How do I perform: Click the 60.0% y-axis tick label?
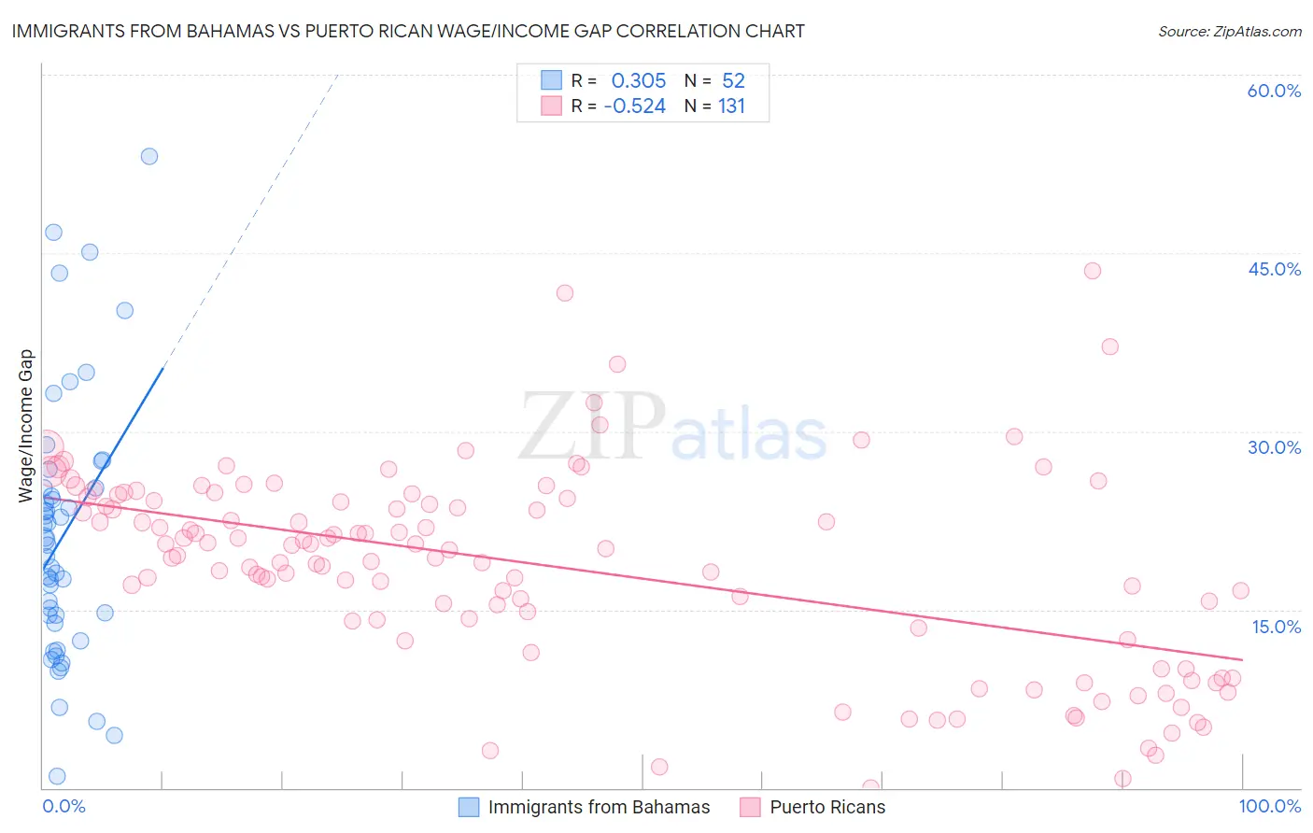pyautogui.click(x=1274, y=91)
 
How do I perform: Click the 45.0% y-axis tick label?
pyautogui.click(x=1274, y=269)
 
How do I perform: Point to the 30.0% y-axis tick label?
pyautogui.click(x=1274, y=447)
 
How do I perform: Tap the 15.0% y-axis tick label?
pyautogui.click(x=1276, y=627)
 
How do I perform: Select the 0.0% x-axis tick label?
pyautogui.click(x=64, y=807)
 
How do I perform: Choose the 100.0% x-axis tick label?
pyautogui.click(x=1269, y=807)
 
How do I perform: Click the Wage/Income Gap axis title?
pyautogui.click(x=26, y=426)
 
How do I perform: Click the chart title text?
pyautogui.click(x=408, y=31)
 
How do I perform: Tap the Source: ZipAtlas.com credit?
pyautogui.click(x=1229, y=31)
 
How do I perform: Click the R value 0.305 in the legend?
pyautogui.click(x=639, y=80)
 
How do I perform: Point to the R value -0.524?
pyautogui.click(x=635, y=106)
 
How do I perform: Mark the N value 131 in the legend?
pyautogui.click(x=732, y=106)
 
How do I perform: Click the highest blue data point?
pyautogui.click(x=149, y=156)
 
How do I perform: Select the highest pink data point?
pyautogui.click(x=1093, y=271)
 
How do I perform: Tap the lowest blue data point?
pyautogui.click(x=57, y=776)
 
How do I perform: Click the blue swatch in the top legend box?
pyautogui.click(x=551, y=80)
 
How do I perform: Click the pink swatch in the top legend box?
pyautogui.click(x=551, y=106)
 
